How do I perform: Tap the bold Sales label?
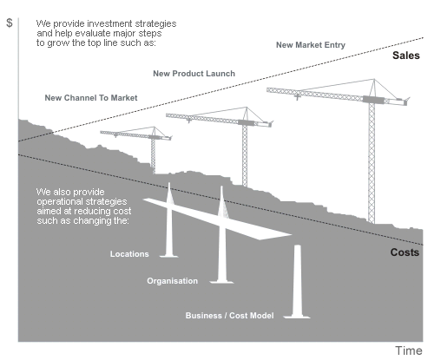coord(405,56)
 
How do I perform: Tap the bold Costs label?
coord(405,253)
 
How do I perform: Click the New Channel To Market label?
coord(91,98)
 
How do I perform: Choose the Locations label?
coord(130,254)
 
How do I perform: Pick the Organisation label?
coord(173,281)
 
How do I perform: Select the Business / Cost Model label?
coord(230,315)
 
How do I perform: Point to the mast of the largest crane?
coord(373,165)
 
